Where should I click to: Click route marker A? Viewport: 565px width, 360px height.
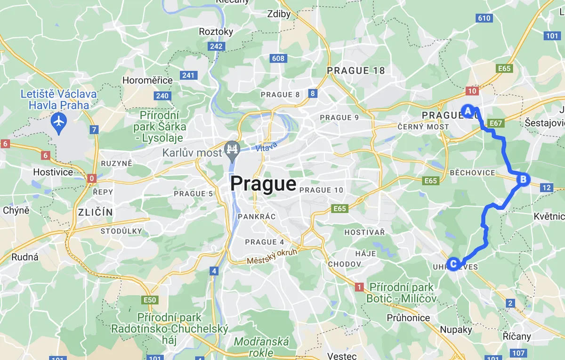(x=468, y=111)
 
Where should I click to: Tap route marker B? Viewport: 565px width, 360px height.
(x=522, y=179)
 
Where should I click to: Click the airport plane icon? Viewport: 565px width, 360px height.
(x=59, y=121)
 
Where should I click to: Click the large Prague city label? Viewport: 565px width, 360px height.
(x=263, y=184)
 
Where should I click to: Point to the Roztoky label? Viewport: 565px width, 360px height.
(x=216, y=32)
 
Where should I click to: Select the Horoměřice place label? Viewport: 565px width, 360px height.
(x=147, y=80)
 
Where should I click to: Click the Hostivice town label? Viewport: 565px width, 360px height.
(x=53, y=172)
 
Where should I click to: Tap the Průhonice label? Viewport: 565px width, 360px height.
(x=408, y=318)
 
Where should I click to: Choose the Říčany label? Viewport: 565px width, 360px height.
(x=517, y=336)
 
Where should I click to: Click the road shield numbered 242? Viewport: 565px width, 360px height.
(x=216, y=46)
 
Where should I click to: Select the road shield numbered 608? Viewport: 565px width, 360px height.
(x=278, y=58)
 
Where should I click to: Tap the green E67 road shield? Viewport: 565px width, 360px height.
(x=496, y=123)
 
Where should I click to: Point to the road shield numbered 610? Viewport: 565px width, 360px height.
(x=484, y=18)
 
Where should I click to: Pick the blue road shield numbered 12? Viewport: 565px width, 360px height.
(x=546, y=188)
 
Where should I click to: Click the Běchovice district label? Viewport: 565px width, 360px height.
(x=472, y=173)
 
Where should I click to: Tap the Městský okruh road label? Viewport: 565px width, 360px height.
(x=272, y=256)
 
